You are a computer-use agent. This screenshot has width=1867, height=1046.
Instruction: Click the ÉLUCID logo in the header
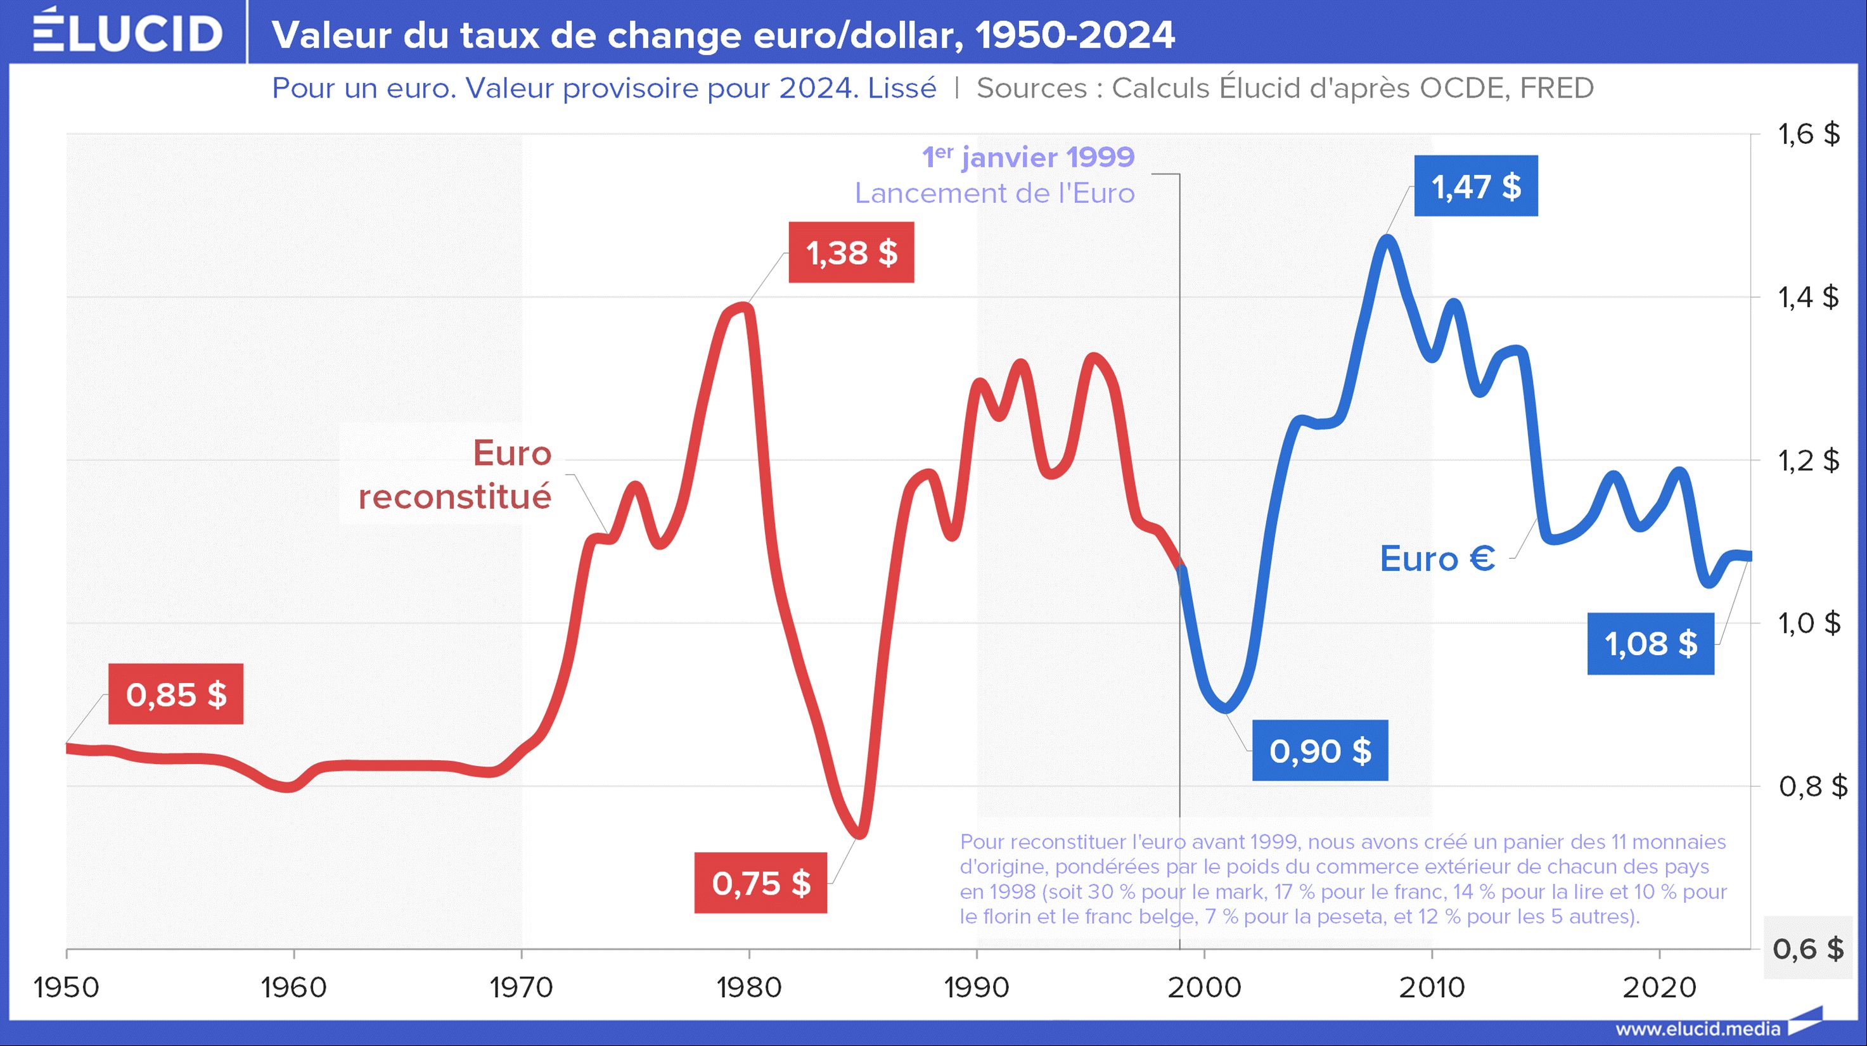pos(127,32)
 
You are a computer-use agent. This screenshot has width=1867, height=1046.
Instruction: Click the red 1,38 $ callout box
pos(851,253)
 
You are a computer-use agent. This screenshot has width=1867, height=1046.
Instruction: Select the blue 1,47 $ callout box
pos(1475,186)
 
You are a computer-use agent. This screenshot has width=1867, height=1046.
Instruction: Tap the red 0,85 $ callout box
pos(176,694)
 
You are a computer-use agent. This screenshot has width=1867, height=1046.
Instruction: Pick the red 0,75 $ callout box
pos(760,883)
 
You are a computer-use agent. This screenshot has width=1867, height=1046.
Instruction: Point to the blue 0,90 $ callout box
pos(1320,751)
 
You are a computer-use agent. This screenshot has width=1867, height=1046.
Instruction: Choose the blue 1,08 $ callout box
pos(1650,643)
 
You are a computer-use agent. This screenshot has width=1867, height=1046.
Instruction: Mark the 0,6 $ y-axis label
pos(1807,948)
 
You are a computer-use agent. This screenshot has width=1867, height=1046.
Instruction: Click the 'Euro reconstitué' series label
pos(455,475)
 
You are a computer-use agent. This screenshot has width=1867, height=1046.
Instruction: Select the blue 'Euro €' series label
pos(1437,559)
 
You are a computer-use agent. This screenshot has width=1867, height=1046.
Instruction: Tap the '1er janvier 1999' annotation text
pos(1028,157)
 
